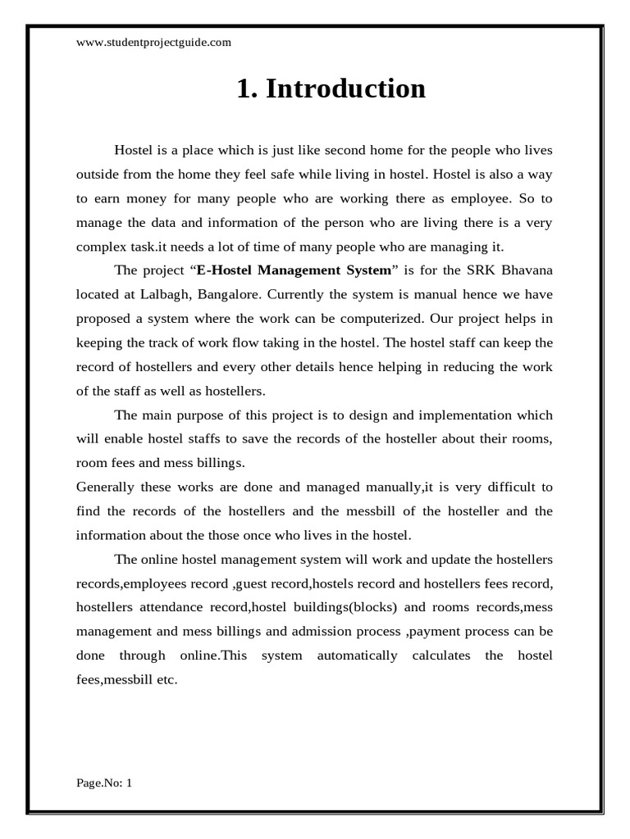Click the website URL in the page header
tap(153, 43)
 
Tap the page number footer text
tap(104, 782)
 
